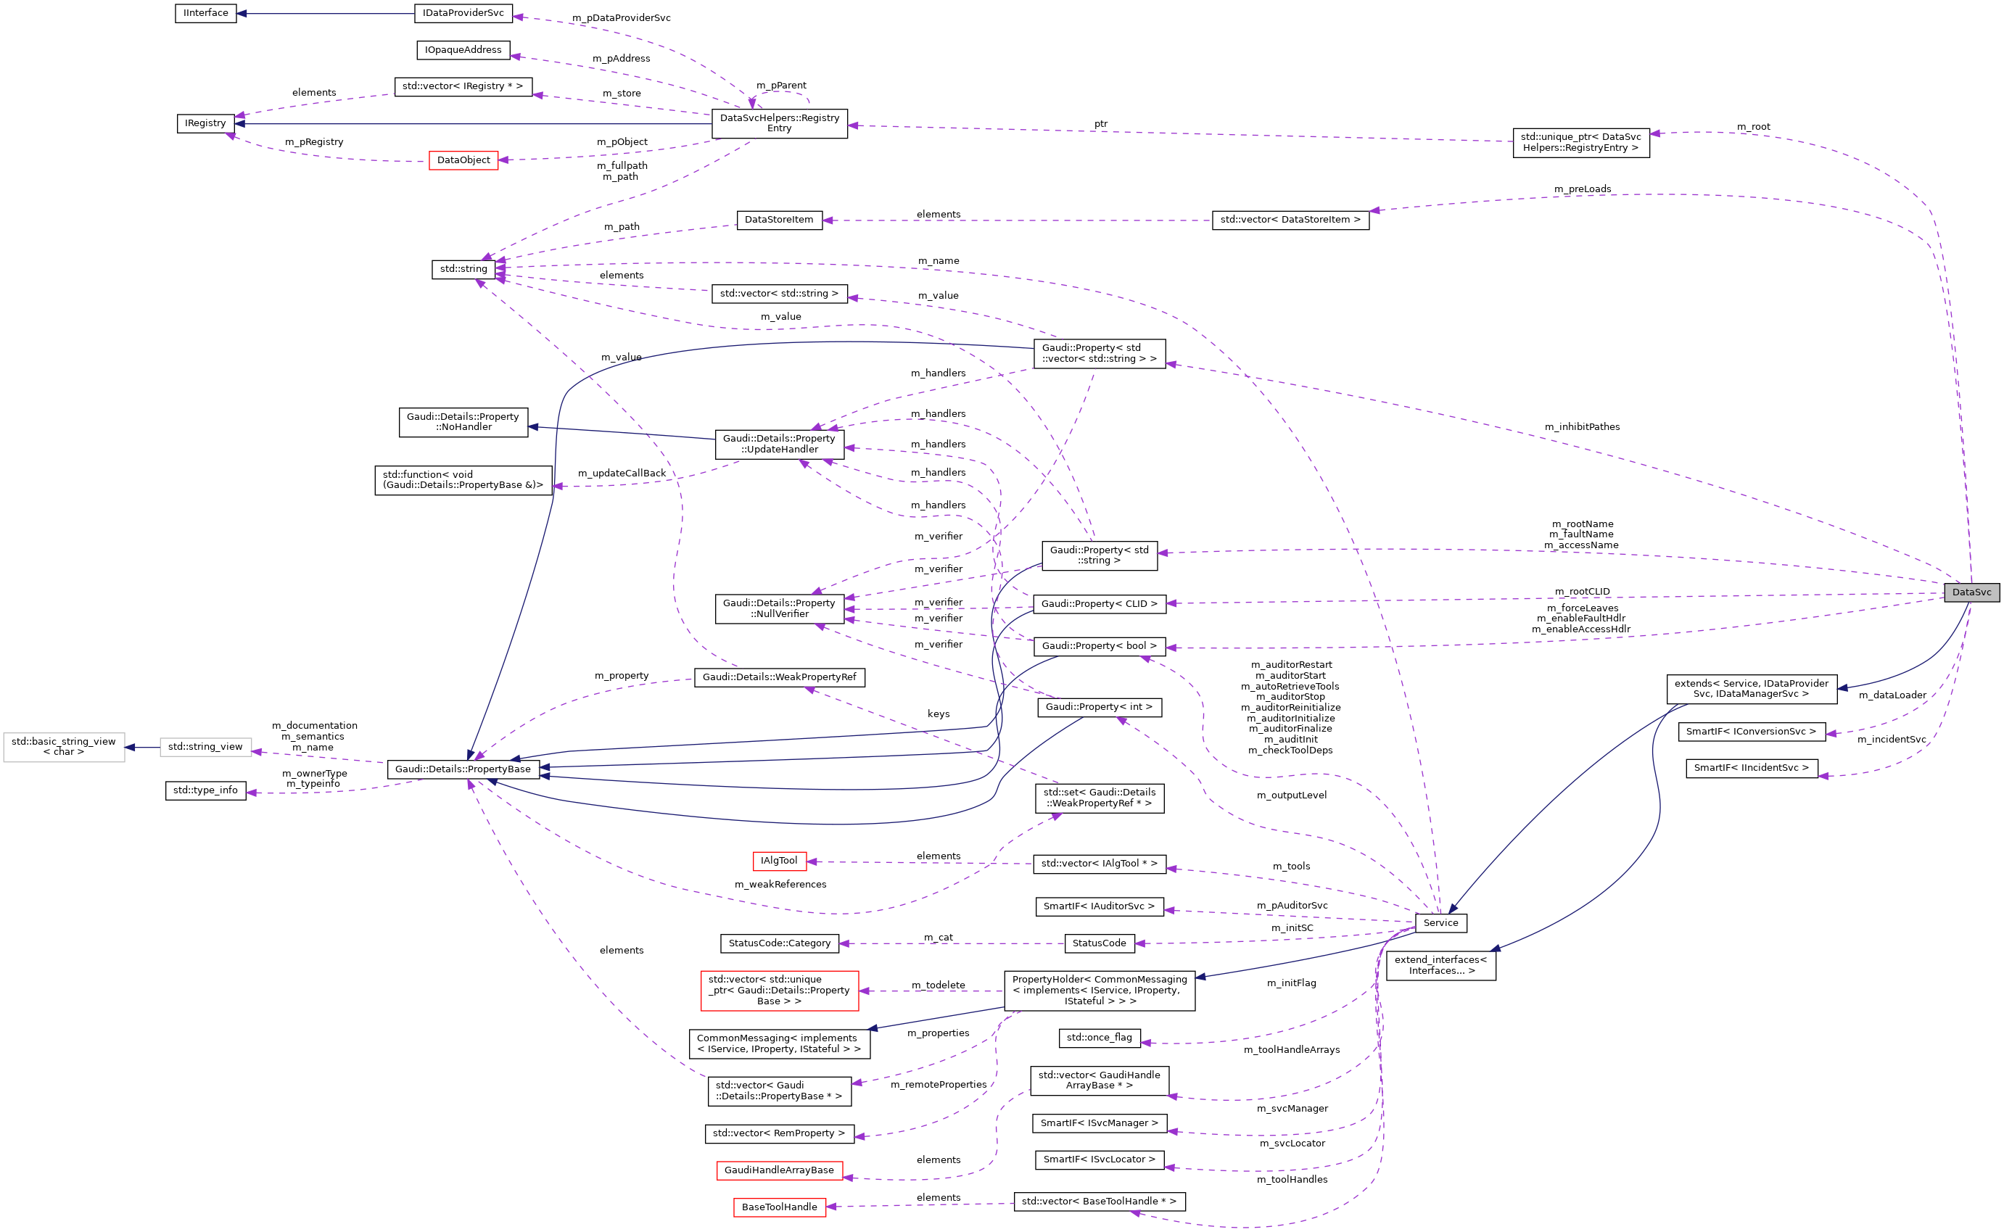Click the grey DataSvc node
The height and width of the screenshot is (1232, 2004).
[1970, 592]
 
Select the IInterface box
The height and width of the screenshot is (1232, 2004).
[205, 13]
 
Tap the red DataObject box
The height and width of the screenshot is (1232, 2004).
[463, 160]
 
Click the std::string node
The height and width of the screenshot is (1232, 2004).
[463, 269]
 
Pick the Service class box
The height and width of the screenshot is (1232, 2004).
[1440, 922]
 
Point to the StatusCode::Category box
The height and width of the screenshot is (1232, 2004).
[779, 943]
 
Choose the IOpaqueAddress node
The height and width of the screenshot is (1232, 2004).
[463, 50]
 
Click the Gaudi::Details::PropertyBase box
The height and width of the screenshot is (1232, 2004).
[463, 769]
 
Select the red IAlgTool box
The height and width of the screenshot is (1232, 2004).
[778, 861]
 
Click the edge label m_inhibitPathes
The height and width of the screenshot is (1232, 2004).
[1581, 427]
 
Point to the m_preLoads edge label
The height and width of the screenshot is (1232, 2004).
[1582, 189]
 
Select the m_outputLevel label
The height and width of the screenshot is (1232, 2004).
[1291, 795]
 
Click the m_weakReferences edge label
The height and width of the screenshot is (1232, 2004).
[780, 884]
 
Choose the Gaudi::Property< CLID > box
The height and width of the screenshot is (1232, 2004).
[1099, 604]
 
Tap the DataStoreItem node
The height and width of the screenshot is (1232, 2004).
[778, 220]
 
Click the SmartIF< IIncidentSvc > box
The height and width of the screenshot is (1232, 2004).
[1751, 768]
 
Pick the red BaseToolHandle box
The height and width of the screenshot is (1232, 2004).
[778, 1207]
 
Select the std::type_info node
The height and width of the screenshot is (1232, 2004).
[205, 790]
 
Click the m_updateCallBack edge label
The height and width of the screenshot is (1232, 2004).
[621, 474]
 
